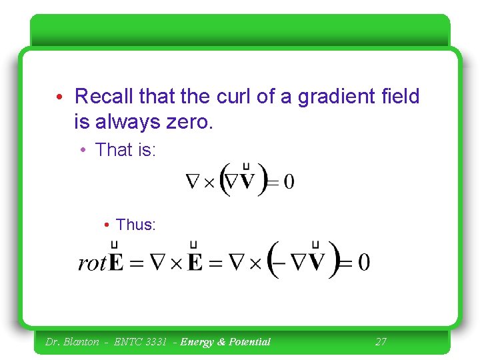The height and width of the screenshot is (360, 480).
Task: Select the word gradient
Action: (x=340, y=97)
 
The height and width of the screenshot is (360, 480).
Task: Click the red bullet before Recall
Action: (x=60, y=97)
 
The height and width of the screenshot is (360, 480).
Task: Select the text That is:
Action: (x=125, y=150)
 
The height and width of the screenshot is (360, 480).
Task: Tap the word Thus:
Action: (x=135, y=225)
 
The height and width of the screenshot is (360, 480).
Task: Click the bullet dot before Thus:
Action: (x=107, y=225)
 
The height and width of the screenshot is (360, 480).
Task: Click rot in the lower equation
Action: (x=92, y=263)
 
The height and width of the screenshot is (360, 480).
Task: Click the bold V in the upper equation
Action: (x=248, y=181)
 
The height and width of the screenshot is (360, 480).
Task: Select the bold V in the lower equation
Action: (x=316, y=261)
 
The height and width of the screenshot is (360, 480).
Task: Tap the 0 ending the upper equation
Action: (x=289, y=181)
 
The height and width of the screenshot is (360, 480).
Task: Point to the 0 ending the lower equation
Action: (x=363, y=262)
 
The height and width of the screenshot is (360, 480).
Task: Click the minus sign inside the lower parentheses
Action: (x=282, y=262)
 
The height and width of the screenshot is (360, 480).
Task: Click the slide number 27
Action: (x=381, y=342)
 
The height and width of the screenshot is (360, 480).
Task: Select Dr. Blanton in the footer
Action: (x=71, y=342)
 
